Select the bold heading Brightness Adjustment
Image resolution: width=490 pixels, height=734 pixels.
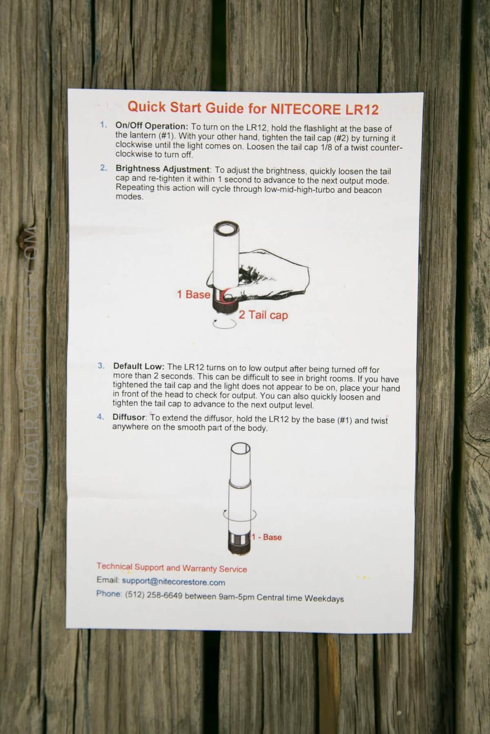pyautogui.click(x=163, y=168)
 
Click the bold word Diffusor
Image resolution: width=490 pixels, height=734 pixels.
pyautogui.click(x=129, y=417)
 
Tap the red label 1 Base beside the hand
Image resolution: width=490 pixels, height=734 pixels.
pyautogui.click(x=194, y=294)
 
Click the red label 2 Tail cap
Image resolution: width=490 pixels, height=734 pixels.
pyautogui.click(x=263, y=315)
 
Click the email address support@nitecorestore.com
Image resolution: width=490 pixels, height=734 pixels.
pyautogui.click(x=174, y=582)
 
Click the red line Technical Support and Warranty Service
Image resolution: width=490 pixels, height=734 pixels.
pyautogui.click(x=171, y=568)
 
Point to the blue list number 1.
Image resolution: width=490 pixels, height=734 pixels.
pyautogui.click(x=103, y=125)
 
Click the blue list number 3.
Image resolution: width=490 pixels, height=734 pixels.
pyautogui.click(x=101, y=366)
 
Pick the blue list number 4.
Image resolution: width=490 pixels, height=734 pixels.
pyautogui.click(x=100, y=417)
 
